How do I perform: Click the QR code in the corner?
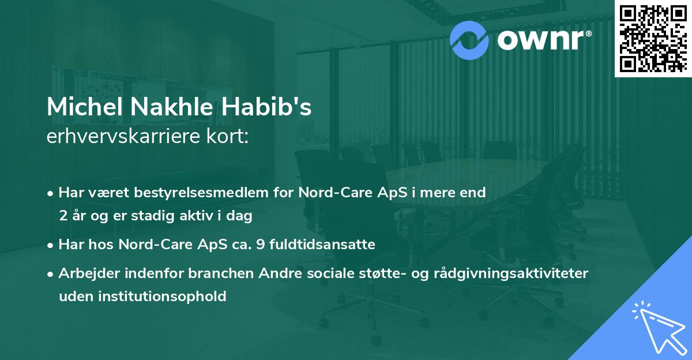click(x=653, y=38)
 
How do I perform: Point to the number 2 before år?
click(x=63, y=217)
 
